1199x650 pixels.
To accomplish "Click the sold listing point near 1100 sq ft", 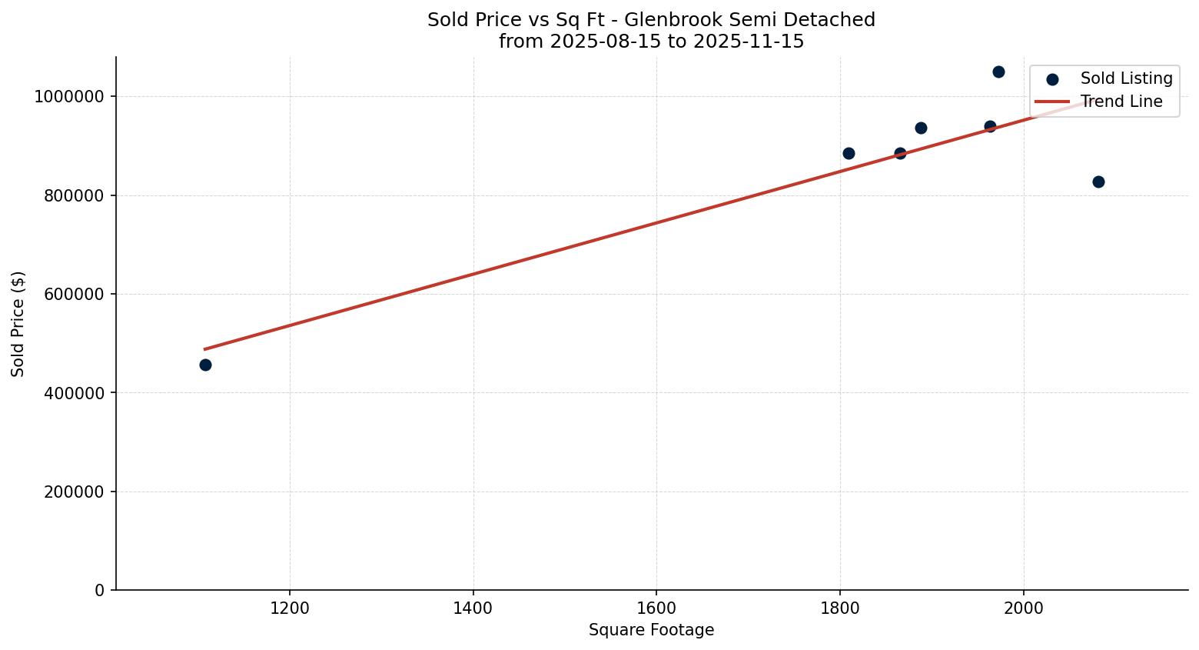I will coord(205,365).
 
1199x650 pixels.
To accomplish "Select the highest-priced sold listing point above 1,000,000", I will coord(998,72).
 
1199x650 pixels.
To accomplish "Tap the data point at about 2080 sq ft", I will coord(1098,182).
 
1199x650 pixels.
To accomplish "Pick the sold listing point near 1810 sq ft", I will coord(849,153).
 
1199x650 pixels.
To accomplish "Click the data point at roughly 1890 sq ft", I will coord(921,128).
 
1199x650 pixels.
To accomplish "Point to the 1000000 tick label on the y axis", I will coord(68,97).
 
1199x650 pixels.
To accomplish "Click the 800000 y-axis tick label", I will coord(73,195).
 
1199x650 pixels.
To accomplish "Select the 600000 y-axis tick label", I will coord(73,294).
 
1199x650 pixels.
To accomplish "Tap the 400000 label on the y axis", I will coord(73,393).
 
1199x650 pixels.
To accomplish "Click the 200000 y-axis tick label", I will coord(73,492).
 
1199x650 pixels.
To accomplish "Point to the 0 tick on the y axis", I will coord(100,590).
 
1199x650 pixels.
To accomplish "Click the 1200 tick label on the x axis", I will coord(290,608).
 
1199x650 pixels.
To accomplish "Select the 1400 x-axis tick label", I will coord(473,608).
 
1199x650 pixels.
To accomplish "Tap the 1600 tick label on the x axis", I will coord(656,608).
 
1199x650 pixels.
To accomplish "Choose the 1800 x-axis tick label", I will coord(840,608).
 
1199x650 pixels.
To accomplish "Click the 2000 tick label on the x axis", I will coord(1023,608).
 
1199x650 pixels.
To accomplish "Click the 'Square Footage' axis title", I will coord(651,630).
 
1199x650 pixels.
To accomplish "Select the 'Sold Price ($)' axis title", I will coord(18,324).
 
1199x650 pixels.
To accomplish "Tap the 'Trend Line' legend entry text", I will coord(1121,102).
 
